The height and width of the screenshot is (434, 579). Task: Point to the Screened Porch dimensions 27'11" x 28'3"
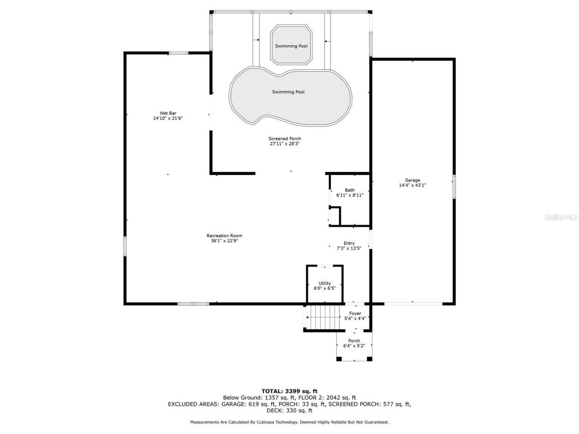pos(285,144)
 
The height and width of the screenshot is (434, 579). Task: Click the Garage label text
pos(412,180)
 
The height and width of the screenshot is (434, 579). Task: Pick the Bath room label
pos(350,190)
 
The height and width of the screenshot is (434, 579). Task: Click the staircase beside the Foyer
pos(323,317)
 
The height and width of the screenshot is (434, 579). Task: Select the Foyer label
pos(355,313)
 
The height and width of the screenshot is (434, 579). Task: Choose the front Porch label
pos(354,341)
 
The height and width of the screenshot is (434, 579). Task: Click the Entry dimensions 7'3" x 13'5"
pos(349,248)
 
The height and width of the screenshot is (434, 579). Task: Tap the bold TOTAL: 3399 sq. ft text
pos(289,391)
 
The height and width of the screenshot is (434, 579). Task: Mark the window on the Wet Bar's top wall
pos(178,53)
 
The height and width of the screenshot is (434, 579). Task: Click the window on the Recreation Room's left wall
pos(125,246)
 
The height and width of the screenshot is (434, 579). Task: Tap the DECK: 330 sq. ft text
pos(289,410)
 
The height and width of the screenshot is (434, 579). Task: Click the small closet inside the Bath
pos(334,216)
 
